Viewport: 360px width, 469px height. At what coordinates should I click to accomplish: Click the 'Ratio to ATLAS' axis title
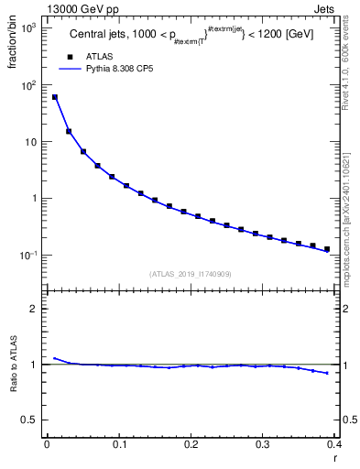click(13, 365)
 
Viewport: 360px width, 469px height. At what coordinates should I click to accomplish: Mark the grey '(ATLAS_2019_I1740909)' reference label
click(191, 274)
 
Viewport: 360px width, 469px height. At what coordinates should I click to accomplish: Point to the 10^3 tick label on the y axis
click(27, 28)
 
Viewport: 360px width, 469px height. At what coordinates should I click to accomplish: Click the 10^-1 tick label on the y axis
click(27, 255)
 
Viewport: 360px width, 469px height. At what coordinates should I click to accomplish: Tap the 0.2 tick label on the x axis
click(191, 444)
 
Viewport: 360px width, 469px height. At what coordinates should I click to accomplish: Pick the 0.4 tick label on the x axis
click(334, 444)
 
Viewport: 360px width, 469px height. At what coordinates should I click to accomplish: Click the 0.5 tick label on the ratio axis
click(30, 420)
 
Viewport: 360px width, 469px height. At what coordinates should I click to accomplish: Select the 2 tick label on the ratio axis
click(34, 309)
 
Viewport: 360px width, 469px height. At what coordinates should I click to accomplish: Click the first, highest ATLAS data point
click(55, 97)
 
